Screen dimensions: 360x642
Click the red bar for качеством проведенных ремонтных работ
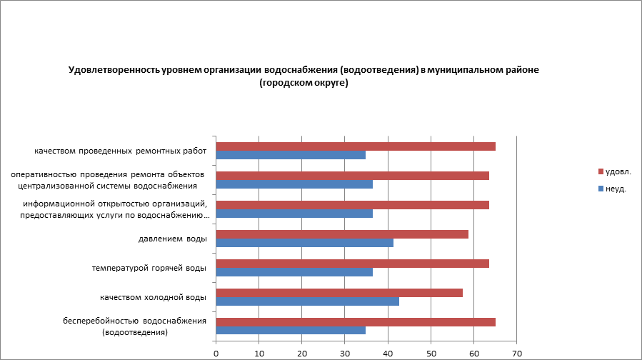(356, 146)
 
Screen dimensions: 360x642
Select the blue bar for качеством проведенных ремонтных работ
(291, 155)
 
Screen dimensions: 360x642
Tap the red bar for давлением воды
(342, 234)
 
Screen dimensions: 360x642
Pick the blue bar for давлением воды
(304, 243)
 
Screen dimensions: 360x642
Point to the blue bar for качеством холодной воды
(307, 301)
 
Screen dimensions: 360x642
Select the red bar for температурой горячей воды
(352, 264)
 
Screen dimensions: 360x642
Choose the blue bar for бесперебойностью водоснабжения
(291, 331)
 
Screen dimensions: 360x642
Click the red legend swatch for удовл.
(600, 172)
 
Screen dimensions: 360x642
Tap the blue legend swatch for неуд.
(600, 189)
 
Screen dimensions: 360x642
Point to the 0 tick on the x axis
(216, 353)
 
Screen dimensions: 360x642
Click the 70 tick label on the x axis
(517, 353)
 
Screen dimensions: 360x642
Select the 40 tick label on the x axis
(388, 353)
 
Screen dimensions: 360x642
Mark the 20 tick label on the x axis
(302, 353)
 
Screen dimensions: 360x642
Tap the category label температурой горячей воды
(149, 268)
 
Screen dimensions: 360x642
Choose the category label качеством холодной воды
(154, 297)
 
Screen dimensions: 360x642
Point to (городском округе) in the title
(304, 83)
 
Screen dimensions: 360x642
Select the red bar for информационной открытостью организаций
(352, 205)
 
